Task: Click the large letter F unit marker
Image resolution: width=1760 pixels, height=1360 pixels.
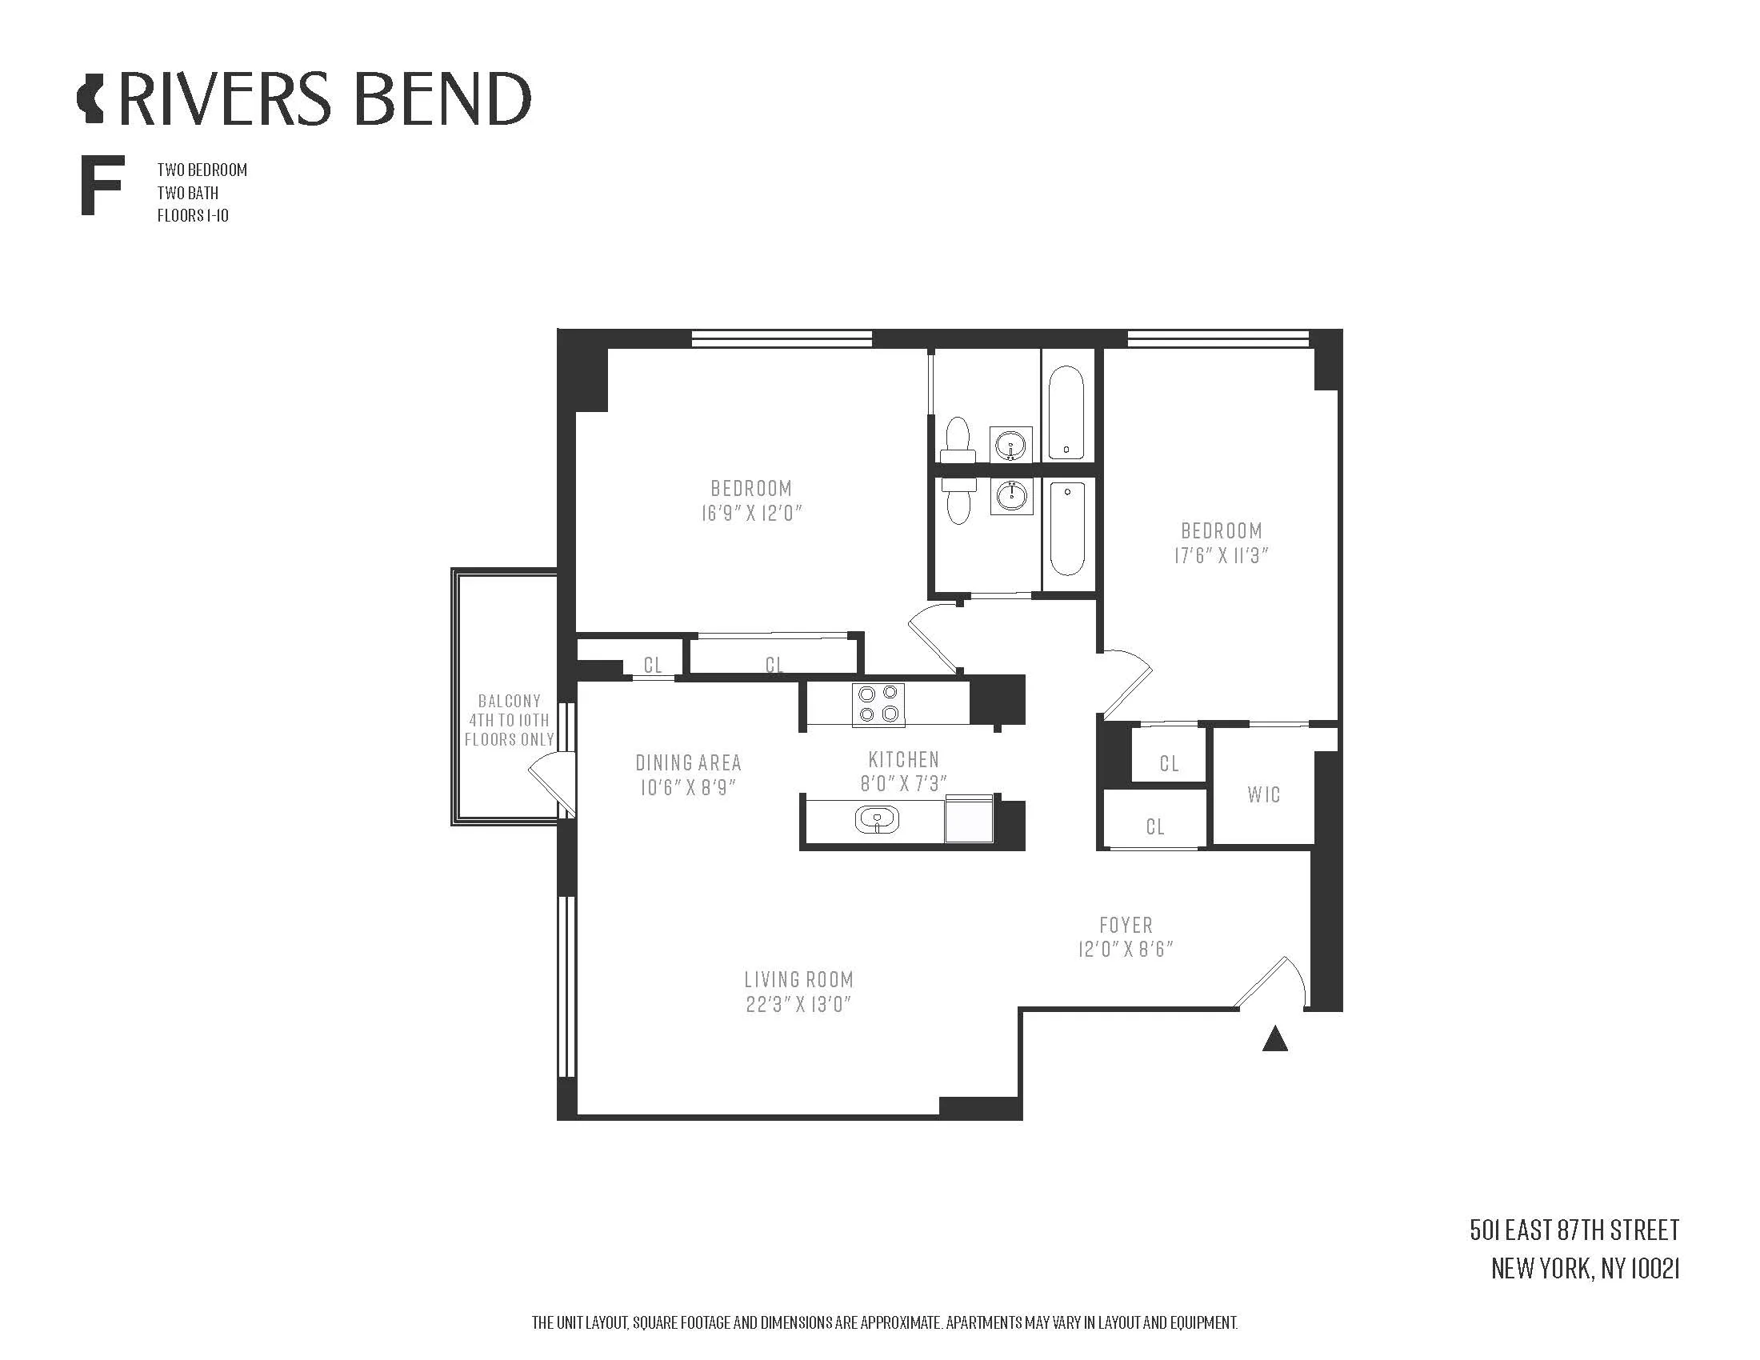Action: [x=101, y=187]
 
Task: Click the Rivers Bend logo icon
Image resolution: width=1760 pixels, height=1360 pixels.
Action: [x=90, y=100]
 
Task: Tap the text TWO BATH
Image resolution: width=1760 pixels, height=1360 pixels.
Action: [x=188, y=194]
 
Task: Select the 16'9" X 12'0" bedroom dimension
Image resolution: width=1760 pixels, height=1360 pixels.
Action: [x=751, y=514]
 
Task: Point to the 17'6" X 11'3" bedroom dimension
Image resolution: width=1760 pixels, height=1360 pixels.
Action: [x=1221, y=555]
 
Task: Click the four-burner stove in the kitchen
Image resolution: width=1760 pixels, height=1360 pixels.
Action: [x=878, y=704]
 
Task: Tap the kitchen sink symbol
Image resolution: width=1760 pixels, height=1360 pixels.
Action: [x=877, y=820]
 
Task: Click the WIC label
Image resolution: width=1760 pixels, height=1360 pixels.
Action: [x=1262, y=795]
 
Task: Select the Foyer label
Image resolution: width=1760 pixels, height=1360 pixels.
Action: [x=1126, y=925]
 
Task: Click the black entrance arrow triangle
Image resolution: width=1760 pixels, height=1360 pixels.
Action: [x=1274, y=1040]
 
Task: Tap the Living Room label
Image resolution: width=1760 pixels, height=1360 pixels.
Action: [x=798, y=980]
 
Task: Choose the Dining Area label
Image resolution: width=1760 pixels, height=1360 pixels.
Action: [x=687, y=762]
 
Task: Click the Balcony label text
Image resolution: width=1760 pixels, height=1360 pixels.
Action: [x=509, y=701]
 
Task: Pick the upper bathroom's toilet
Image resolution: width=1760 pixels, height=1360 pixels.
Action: [x=958, y=438]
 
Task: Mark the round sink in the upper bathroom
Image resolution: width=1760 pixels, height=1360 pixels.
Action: [x=1010, y=444]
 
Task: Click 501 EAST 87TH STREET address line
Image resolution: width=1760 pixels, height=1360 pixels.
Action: [x=1574, y=1230]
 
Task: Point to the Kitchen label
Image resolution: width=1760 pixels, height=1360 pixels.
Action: [x=903, y=759]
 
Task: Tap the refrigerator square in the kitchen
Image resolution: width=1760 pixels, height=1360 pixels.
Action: [x=970, y=818]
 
